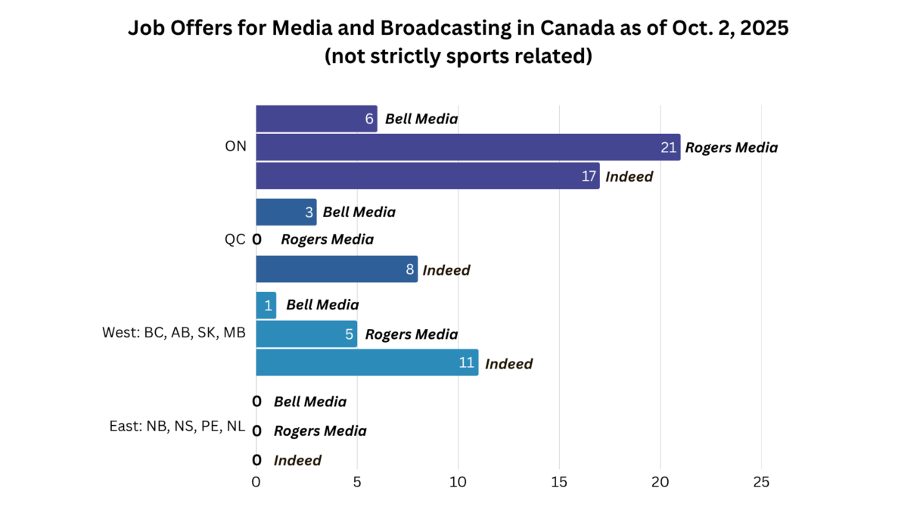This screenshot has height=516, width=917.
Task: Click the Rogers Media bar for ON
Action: tap(468, 148)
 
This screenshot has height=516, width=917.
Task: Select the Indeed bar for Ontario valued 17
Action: tap(427, 176)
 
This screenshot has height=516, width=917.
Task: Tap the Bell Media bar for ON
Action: tap(316, 119)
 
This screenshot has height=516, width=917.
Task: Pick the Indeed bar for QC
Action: tap(337, 269)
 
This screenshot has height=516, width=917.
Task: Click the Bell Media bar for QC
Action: tap(286, 212)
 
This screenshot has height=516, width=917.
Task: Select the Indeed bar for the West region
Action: tap(367, 363)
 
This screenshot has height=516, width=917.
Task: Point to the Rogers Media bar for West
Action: tap(306, 334)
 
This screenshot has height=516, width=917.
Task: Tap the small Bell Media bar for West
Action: tap(266, 305)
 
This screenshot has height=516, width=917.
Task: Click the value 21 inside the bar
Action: tap(668, 148)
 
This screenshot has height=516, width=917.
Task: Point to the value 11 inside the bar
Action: tap(466, 363)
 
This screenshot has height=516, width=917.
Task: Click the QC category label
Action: tap(235, 240)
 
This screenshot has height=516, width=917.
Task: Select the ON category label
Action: tap(235, 147)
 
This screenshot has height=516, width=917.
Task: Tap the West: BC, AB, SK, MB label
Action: tap(174, 332)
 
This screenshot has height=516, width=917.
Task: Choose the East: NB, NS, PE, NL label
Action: tap(177, 426)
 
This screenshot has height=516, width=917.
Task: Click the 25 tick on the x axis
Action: tap(761, 482)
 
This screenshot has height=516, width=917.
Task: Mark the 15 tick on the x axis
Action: tap(559, 482)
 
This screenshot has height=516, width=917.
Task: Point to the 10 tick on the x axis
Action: tap(458, 482)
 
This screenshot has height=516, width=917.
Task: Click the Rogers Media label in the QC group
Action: tap(327, 240)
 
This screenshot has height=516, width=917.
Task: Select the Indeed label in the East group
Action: tap(297, 460)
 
